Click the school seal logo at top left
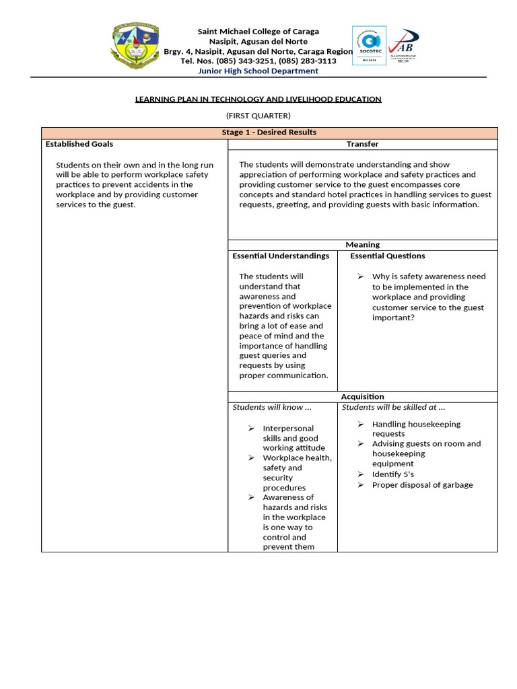[x=136, y=48]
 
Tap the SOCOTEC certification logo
[x=369, y=45]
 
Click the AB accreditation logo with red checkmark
[x=403, y=45]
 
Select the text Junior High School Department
[x=258, y=71]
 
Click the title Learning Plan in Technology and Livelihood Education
[x=258, y=99]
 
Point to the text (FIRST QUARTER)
[x=258, y=116]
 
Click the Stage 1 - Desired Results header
[x=269, y=133]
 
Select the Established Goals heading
[x=79, y=144]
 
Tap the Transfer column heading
[x=362, y=144]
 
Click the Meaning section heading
[x=362, y=245]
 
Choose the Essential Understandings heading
[x=281, y=256]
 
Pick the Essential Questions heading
[x=387, y=256]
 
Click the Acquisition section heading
[x=362, y=397]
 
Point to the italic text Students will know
[x=272, y=407]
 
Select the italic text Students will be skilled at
[x=393, y=407]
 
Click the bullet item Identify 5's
[x=392, y=474]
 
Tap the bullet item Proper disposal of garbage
[x=422, y=485]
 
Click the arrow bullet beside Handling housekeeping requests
[x=361, y=425]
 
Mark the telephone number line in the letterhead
[x=258, y=61]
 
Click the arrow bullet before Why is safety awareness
[x=361, y=277]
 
